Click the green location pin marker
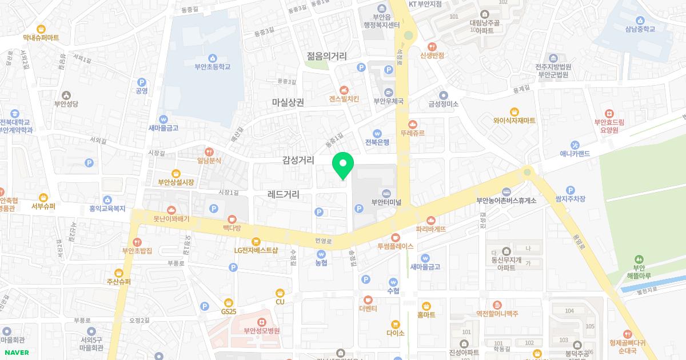(343, 165)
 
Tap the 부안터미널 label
(386, 202)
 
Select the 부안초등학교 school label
(212, 67)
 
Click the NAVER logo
(17, 353)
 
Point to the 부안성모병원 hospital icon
(261, 321)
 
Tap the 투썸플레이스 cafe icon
(395, 237)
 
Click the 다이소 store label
(395, 333)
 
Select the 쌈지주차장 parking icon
(570, 190)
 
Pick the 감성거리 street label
(298, 161)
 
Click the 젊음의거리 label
(326, 56)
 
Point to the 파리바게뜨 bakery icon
(430, 219)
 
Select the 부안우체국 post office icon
(389, 93)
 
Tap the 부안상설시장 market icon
(176, 173)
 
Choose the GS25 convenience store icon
(229, 302)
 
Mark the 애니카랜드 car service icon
(576, 145)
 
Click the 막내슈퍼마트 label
(41, 38)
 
